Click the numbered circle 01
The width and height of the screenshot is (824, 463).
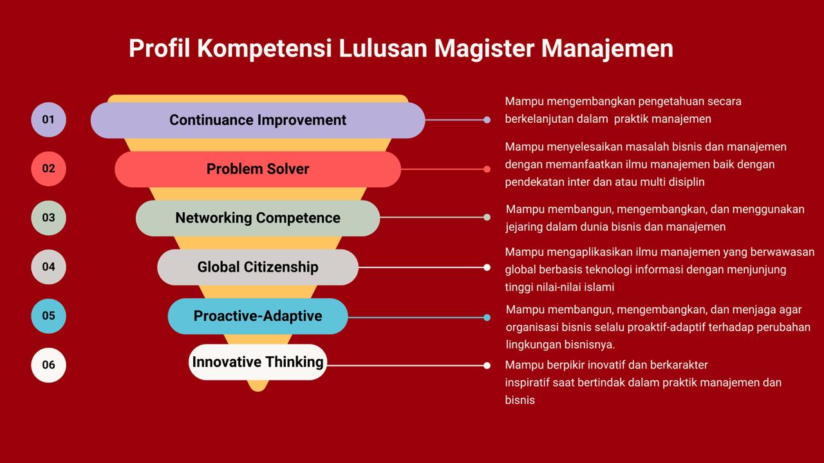(x=48, y=120)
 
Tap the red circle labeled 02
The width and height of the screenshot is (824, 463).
(x=48, y=168)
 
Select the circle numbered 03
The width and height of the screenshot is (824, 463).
(x=48, y=217)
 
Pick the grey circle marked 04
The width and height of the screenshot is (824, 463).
(x=48, y=267)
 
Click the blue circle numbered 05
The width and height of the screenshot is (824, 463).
(x=48, y=316)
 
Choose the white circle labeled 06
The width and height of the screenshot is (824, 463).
(x=48, y=365)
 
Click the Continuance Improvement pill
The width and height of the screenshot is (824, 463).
(x=258, y=120)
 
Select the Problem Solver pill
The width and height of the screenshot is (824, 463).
(x=258, y=169)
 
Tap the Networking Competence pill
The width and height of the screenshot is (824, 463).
(x=258, y=218)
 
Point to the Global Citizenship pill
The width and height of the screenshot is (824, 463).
(x=258, y=267)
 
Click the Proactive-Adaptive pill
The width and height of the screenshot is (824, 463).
(x=258, y=316)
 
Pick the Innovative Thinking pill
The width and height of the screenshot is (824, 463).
(x=258, y=362)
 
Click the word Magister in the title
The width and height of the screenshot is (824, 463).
(x=484, y=49)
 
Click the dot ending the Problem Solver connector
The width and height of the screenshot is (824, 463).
(x=487, y=169)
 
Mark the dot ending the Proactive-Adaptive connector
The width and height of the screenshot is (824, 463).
(x=487, y=318)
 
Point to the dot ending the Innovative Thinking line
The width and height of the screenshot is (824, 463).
(x=487, y=365)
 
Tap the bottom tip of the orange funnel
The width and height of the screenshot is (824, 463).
(x=258, y=391)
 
